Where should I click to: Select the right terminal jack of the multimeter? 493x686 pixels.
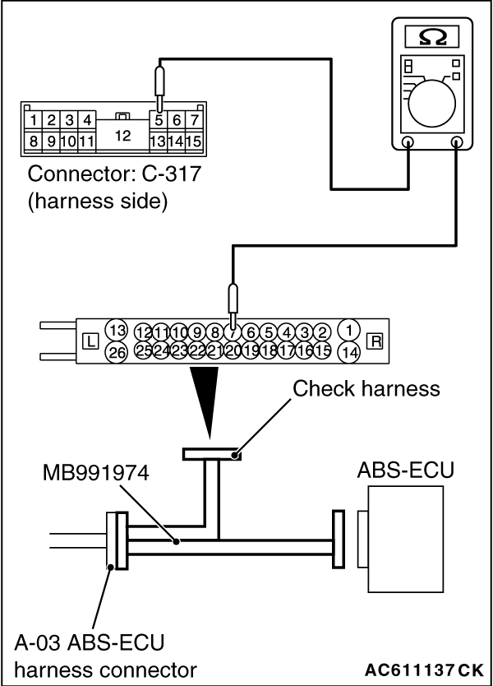457,141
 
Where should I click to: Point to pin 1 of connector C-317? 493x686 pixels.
34,121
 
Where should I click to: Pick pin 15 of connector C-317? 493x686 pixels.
195,141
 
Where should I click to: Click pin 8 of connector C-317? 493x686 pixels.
34,141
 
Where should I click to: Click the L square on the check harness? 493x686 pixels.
90,339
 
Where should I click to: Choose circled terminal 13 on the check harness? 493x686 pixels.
117,330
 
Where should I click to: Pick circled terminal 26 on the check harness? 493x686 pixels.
117,351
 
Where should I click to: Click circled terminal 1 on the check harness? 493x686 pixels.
349,329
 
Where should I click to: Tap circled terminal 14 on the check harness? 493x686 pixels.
349,351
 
